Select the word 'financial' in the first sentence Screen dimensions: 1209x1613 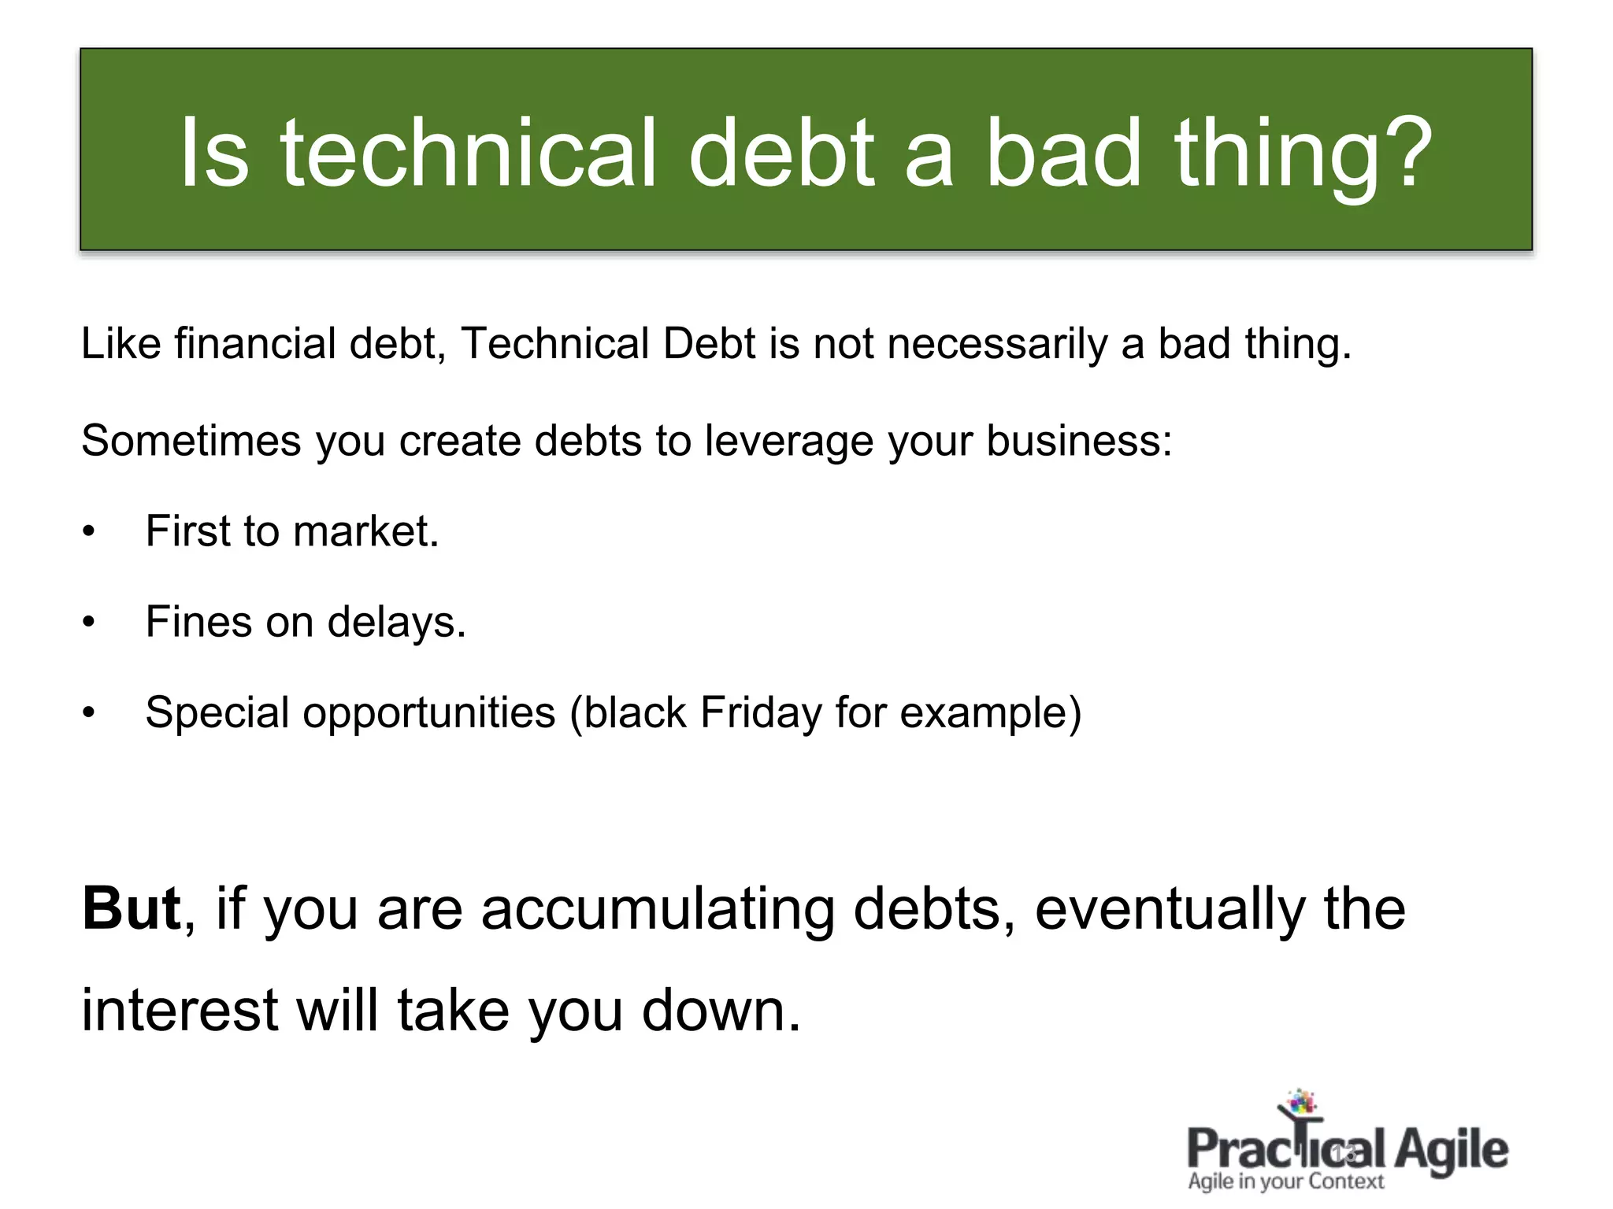(x=256, y=344)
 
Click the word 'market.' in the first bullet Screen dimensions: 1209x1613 (x=365, y=531)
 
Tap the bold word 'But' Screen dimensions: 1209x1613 (x=132, y=908)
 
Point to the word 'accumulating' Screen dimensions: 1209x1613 (x=657, y=910)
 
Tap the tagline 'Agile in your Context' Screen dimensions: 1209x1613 (x=1286, y=1181)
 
